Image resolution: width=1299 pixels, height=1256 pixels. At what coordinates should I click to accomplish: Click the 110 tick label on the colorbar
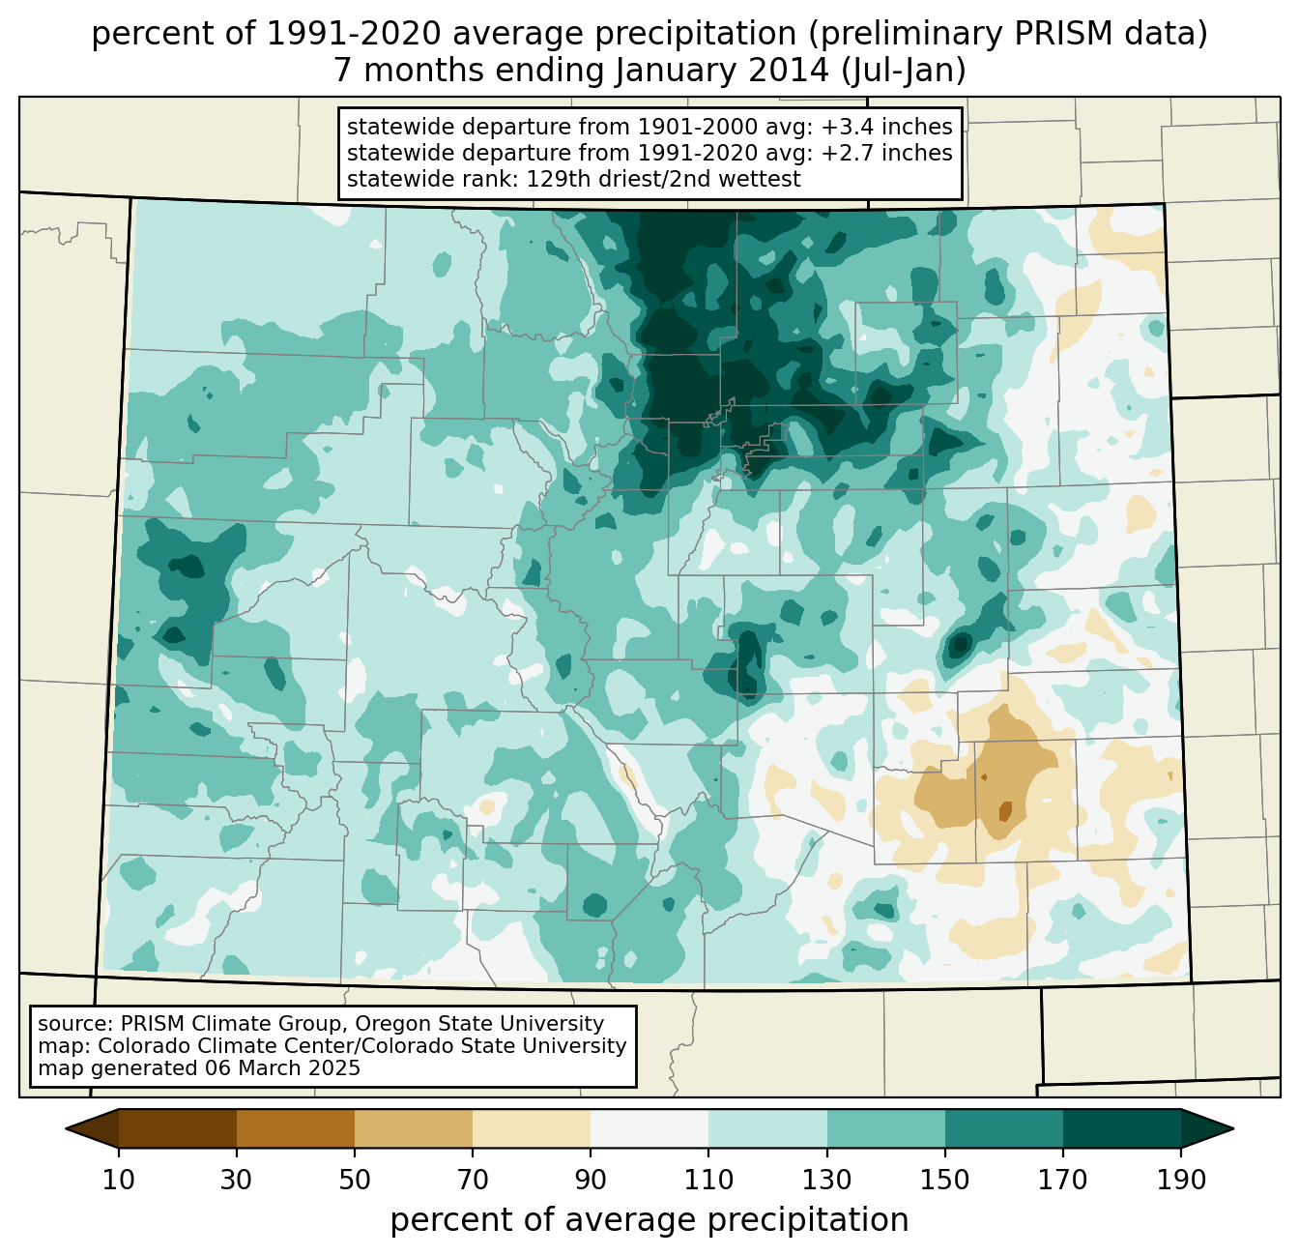coord(708,1180)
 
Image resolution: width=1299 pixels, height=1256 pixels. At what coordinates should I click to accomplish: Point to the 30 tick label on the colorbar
coord(237,1180)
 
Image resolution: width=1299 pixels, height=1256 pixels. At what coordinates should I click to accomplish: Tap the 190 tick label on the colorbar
coord(1181,1180)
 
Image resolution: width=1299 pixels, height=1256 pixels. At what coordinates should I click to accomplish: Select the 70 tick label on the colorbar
coord(473,1180)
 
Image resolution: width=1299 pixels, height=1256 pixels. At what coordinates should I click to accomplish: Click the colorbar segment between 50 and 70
coord(414,1127)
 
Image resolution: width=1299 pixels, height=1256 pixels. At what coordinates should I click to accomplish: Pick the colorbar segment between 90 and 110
coord(649,1127)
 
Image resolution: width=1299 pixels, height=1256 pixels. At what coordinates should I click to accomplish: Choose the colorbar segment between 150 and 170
coord(1004,1127)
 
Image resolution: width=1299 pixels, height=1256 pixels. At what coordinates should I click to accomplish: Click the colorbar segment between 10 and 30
coord(178,1127)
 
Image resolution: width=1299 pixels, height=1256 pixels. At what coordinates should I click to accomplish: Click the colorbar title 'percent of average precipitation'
coord(649,1220)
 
